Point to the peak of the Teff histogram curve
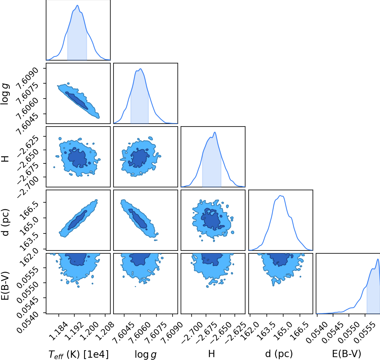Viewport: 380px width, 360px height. click(77, 5)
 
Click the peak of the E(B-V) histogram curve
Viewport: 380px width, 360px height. click(378, 259)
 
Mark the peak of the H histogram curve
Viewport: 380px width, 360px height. click(215, 132)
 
